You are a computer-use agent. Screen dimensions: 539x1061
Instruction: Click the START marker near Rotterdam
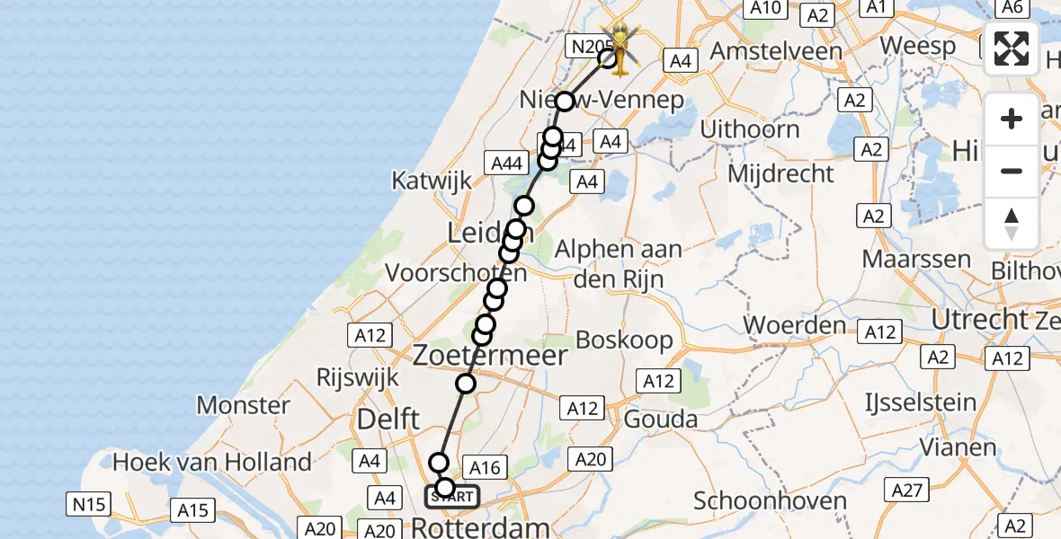point(452,496)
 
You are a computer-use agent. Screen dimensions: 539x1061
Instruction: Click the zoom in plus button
point(1012,119)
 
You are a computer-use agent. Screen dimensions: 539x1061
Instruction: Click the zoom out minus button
point(1012,171)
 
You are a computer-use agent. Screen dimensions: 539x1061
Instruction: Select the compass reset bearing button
point(1012,224)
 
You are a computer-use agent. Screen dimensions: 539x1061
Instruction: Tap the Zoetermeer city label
point(490,356)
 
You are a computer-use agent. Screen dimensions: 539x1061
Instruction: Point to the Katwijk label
point(432,180)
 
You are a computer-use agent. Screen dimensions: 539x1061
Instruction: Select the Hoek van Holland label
point(212,463)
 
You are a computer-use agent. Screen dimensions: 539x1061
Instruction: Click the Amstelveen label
point(776,49)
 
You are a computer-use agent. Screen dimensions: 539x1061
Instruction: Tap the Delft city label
point(388,419)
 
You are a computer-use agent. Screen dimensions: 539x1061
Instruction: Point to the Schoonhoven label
point(761,500)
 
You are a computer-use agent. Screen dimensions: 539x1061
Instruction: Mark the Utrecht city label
point(980,319)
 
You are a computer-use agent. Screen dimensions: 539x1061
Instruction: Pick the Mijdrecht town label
point(780,172)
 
